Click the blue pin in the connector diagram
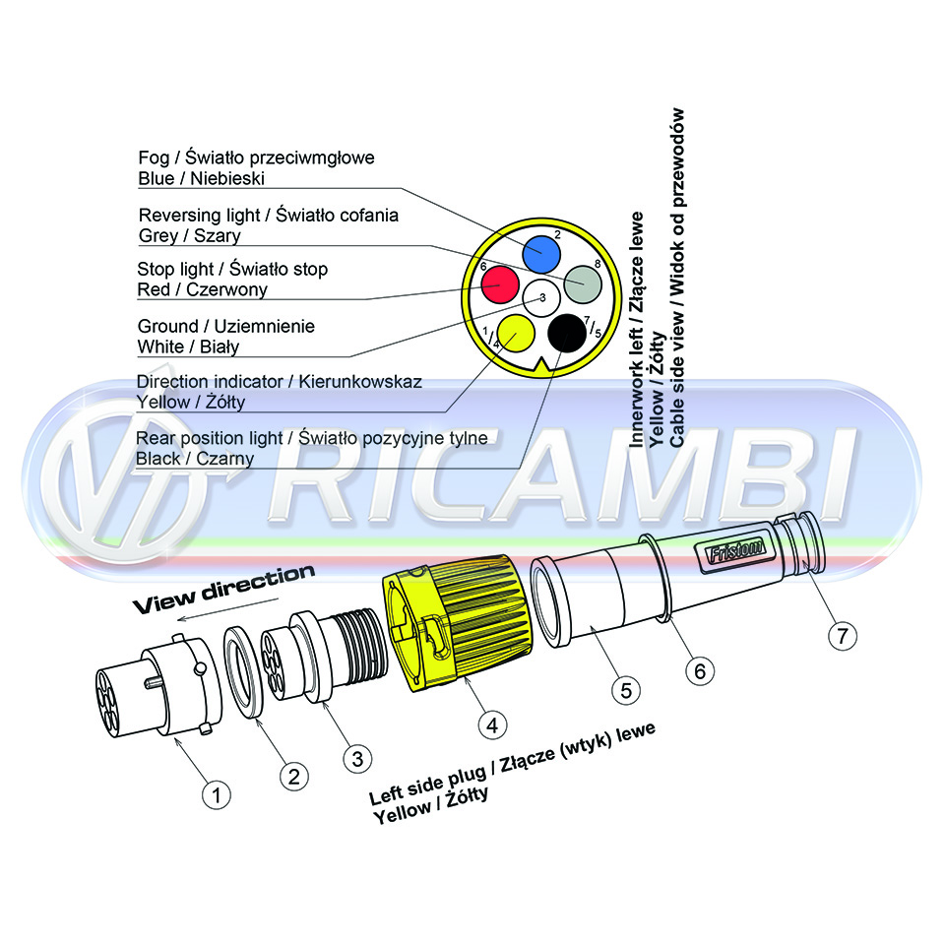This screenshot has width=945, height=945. click(x=541, y=254)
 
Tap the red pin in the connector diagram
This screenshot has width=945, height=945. click(x=500, y=283)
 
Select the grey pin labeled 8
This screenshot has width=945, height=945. click(x=582, y=283)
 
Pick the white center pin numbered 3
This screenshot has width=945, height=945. click(x=541, y=297)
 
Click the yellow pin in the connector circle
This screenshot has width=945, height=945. click(x=516, y=333)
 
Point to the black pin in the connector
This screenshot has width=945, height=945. click(x=567, y=334)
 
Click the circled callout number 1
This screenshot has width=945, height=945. click(x=217, y=795)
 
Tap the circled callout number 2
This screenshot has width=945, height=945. click(x=293, y=777)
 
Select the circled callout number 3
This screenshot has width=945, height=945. click(x=357, y=758)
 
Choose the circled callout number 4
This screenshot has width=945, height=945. click(x=492, y=725)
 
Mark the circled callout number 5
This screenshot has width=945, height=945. click(x=626, y=690)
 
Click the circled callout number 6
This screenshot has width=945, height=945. click(x=700, y=670)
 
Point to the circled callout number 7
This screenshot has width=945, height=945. click(x=842, y=635)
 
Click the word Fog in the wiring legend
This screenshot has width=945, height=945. click(x=154, y=158)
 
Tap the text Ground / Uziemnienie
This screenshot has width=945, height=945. click(x=226, y=327)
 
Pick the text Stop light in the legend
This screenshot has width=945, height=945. click(x=175, y=270)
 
